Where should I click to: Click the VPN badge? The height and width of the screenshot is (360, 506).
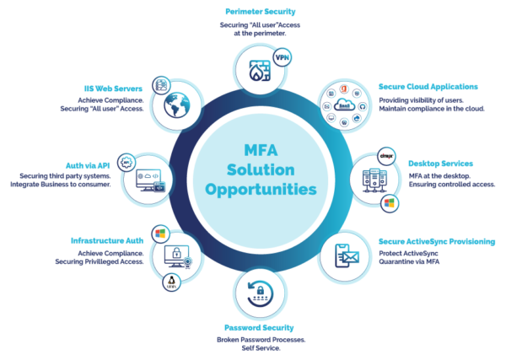point(282,57)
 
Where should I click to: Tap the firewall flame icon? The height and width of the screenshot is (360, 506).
point(260,71)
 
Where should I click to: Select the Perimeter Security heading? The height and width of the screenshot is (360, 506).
point(261,12)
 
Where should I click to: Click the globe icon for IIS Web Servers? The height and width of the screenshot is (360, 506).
point(177,105)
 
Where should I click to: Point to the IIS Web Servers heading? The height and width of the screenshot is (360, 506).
point(113,89)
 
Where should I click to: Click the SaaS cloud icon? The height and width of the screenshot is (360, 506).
point(344,105)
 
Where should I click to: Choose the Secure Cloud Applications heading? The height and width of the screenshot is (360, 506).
point(428,87)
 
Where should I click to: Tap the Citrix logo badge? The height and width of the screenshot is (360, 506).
point(386,157)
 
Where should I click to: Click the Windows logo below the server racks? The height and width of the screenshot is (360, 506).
point(390,203)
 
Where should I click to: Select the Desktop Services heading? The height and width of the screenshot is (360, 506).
point(440,164)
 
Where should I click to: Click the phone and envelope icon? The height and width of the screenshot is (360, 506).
point(347,255)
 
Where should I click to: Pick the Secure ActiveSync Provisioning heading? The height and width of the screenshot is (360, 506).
point(437,242)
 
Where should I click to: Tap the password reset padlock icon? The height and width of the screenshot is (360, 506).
point(260,293)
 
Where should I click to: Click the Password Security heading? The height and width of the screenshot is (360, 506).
point(259,328)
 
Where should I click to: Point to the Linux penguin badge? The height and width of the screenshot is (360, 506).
point(171,282)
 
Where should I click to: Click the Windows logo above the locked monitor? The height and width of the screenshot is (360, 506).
point(160,234)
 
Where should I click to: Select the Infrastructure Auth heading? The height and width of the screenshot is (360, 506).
point(107,240)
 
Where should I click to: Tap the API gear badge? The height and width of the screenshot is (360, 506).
point(126,162)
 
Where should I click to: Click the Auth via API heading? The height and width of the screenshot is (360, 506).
point(88,166)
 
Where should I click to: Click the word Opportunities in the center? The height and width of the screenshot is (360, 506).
point(261,190)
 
